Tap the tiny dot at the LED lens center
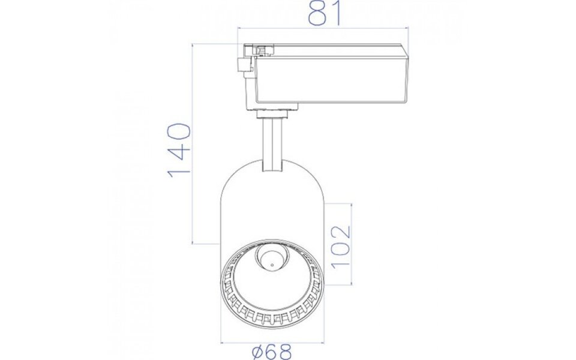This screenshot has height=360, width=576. (271, 262)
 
